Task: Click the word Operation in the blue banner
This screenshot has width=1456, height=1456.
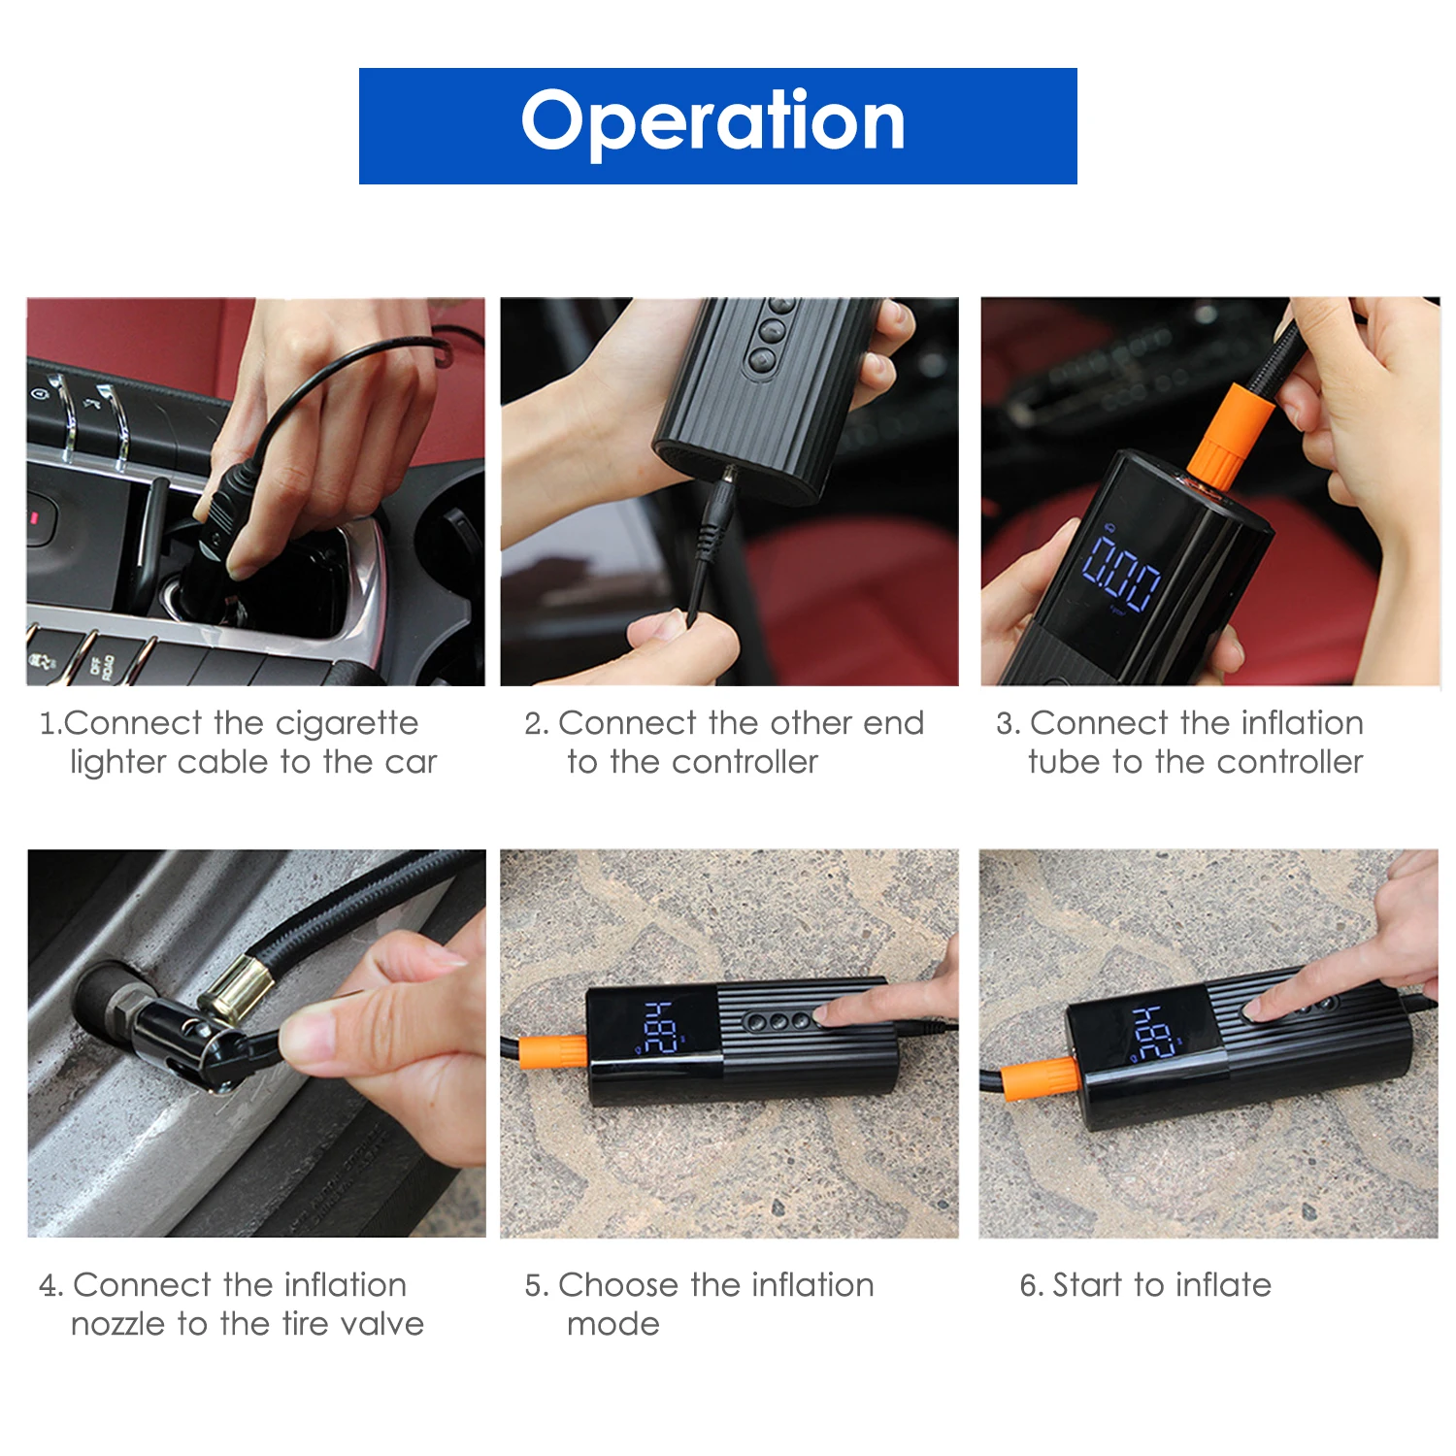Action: pyautogui.click(x=713, y=121)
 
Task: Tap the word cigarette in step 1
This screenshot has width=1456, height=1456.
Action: pyautogui.click(x=347, y=724)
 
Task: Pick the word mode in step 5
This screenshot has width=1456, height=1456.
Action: pyautogui.click(x=613, y=1325)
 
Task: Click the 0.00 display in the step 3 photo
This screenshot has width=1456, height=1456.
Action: pyautogui.click(x=1121, y=573)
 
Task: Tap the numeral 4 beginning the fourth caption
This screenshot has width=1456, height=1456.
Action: pyautogui.click(x=49, y=1287)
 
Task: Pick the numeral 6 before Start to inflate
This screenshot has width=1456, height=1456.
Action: pyautogui.click(x=1029, y=1286)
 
